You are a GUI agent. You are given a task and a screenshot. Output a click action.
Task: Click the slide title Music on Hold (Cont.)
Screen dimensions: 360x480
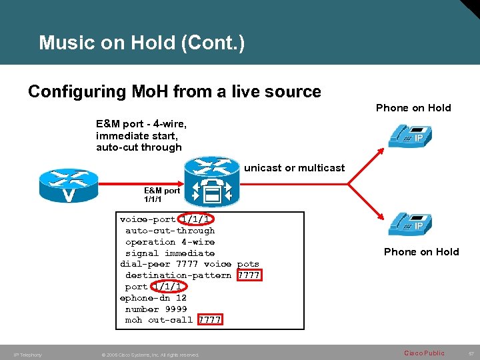pyautogui.click(x=141, y=43)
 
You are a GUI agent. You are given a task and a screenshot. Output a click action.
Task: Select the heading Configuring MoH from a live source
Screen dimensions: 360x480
pyautogui.click(x=174, y=91)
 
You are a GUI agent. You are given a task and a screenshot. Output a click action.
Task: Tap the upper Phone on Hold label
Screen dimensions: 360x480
pyautogui.click(x=413, y=108)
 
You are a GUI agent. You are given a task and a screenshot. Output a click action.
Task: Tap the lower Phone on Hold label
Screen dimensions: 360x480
pyautogui.click(x=421, y=251)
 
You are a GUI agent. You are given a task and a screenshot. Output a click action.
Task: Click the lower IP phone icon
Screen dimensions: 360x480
pyautogui.click(x=407, y=223)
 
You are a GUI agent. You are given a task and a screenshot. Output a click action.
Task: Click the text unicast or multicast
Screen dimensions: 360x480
pyautogui.click(x=294, y=167)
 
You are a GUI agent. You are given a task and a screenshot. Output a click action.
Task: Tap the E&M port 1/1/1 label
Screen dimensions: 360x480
pyautogui.click(x=162, y=195)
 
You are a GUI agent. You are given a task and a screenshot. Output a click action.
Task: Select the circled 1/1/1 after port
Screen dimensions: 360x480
pyautogui.click(x=167, y=287)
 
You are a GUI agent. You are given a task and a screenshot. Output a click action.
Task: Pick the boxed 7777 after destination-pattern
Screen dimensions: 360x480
pyautogui.click(x=249, y=275)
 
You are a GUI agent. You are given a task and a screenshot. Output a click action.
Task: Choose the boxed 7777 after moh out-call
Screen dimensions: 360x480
pyautogui.click(x=209, y=320)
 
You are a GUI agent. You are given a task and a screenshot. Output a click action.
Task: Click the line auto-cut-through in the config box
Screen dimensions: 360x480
pyautogui.click(x=170, y=231)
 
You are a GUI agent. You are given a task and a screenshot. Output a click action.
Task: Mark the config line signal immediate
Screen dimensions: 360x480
pyautogui.click(x=170, y=253)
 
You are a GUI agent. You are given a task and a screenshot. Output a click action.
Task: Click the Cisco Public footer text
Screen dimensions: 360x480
pyautogui.click(x=424, y=353)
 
